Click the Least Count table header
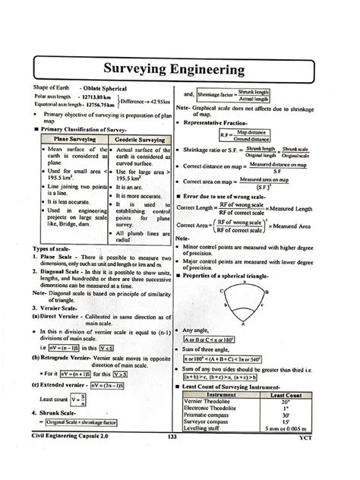coord(287,395)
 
